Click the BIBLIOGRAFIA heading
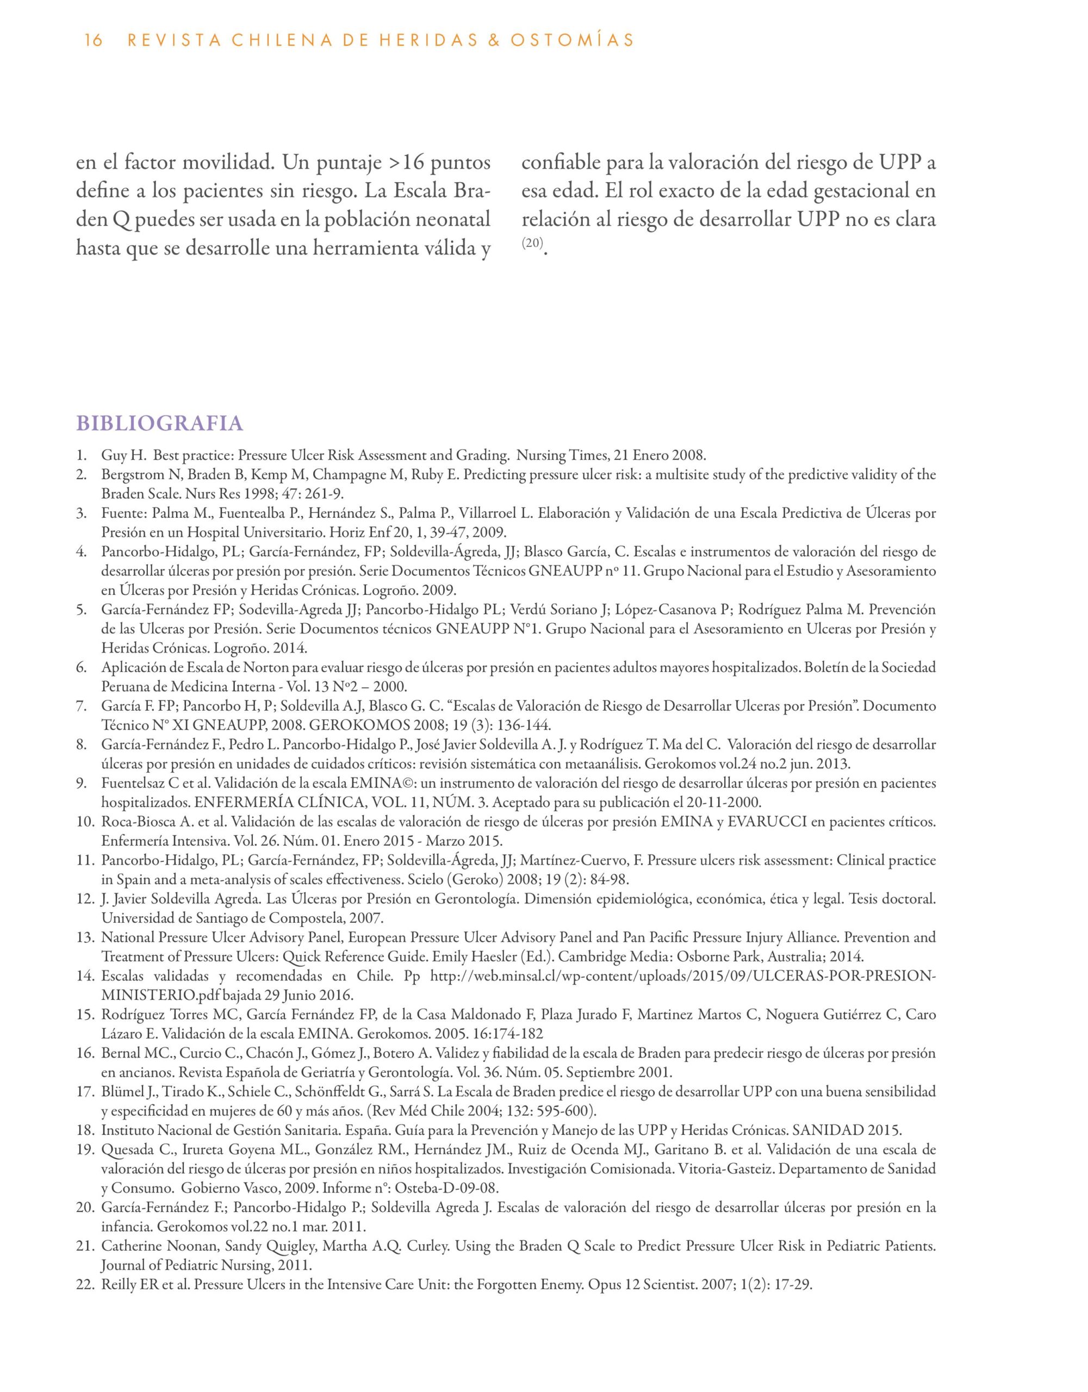click(x=159, y=424)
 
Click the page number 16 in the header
click(x=93, y=41)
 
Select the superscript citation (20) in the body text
click(x=532, y=243)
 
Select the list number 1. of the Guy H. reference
click(x=82, y=456)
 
